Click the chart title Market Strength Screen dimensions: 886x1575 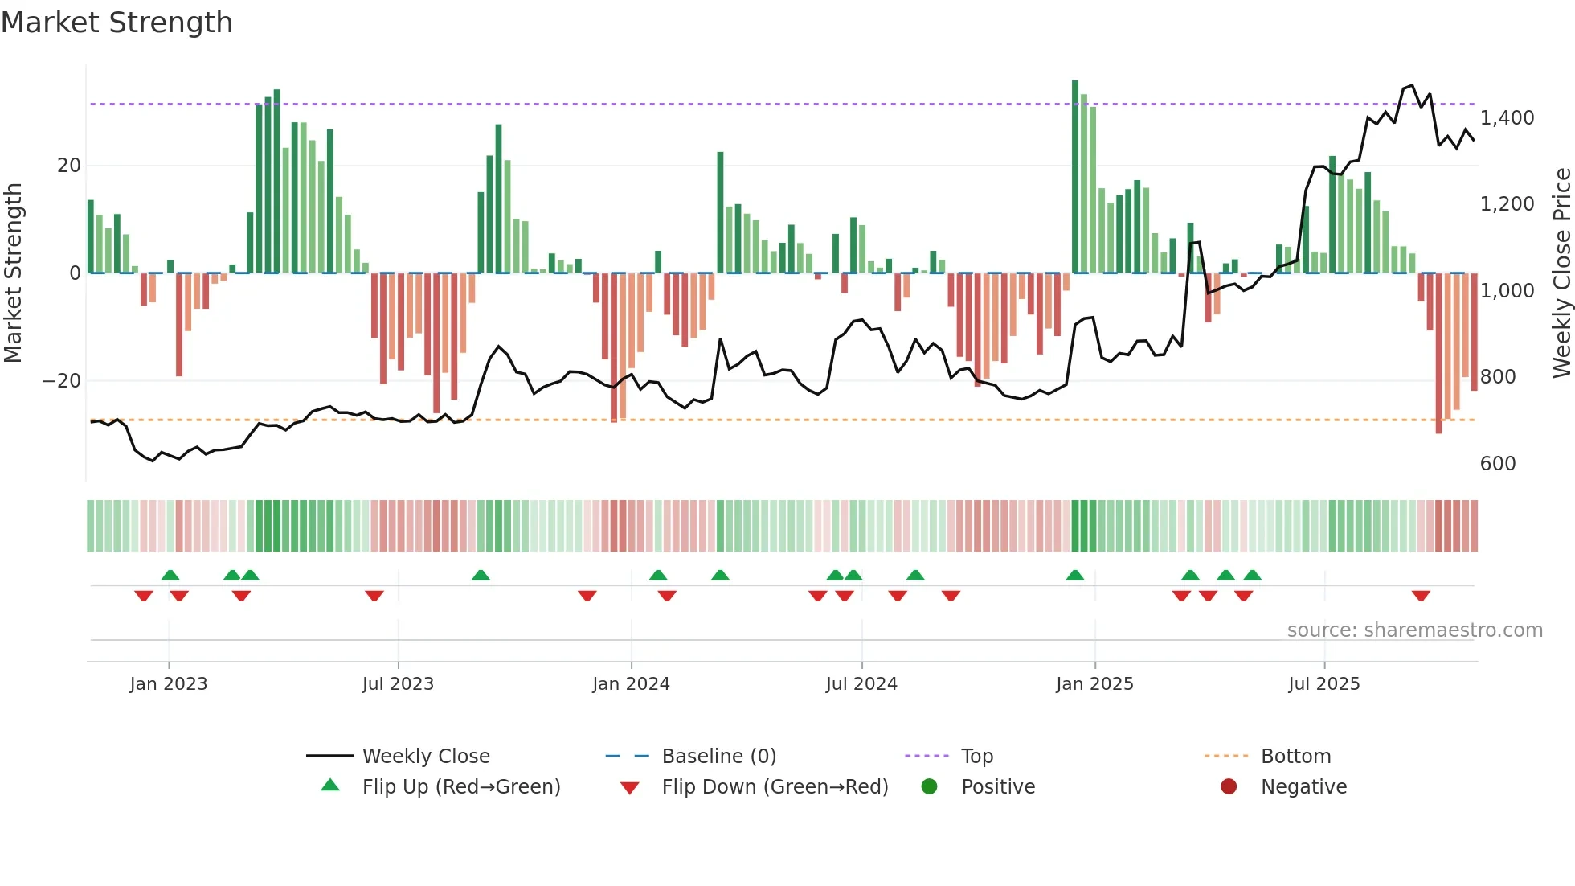117,23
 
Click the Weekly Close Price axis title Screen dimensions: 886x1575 1561,273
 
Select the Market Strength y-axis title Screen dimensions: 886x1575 13,273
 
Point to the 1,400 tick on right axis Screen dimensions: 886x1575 1507,118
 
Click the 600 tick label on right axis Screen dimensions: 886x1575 1497,464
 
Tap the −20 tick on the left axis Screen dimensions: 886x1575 62,381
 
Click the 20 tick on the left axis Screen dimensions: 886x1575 69,166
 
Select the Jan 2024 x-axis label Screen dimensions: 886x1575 631,684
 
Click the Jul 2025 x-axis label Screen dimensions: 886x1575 1323,684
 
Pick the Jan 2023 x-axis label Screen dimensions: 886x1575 169,684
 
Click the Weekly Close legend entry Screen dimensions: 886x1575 425,757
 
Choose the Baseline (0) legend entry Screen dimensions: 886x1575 718,757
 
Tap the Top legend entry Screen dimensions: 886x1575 976,757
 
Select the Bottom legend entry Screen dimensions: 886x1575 1295,757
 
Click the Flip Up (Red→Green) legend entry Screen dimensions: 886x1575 460,787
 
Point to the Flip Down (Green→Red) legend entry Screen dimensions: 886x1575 775,787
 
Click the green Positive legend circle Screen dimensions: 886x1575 929,787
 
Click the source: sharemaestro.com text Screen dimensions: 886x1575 1414,630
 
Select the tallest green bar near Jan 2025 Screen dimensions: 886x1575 1075,177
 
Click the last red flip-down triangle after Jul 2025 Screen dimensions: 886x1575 1421,596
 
